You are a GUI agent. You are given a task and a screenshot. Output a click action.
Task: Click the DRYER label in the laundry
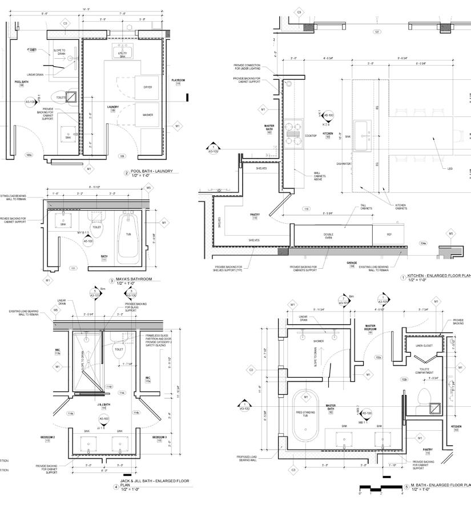pos(147,87)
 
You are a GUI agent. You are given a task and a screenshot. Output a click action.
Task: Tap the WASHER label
pos(147,115)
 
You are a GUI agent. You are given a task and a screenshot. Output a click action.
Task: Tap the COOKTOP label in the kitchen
pos(311,136)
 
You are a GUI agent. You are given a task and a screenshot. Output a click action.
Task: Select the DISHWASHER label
pos(344,164)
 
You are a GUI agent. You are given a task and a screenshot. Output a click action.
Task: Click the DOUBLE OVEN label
pos(328,235)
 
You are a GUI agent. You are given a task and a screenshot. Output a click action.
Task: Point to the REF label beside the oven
pos(389,235)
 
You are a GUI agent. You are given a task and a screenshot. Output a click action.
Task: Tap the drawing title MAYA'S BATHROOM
pos(134,279)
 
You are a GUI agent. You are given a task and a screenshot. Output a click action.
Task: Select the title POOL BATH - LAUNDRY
pos(151,171)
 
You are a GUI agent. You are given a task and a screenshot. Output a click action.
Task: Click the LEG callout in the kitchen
pos(450,168)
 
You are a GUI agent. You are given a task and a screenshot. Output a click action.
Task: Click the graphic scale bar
pos(380,488)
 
